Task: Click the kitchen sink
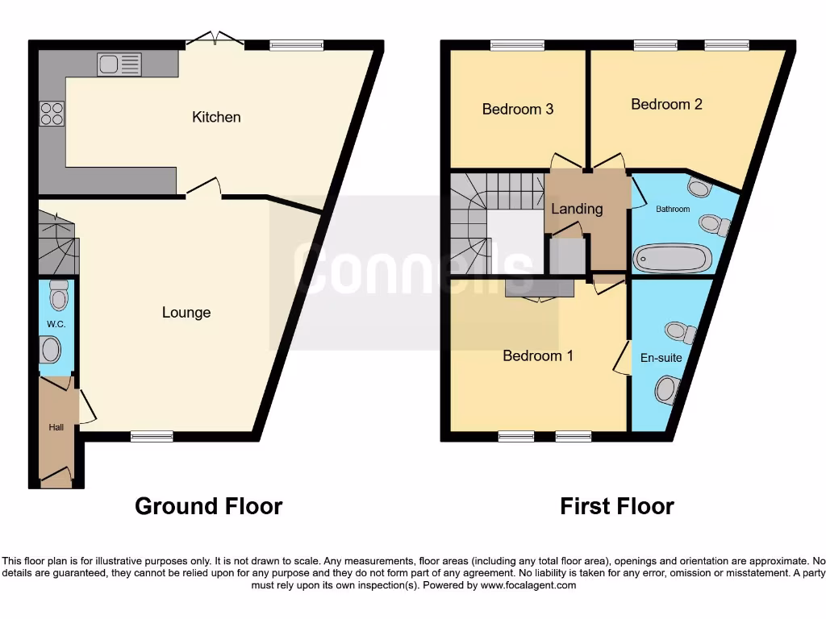119,64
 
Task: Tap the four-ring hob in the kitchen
52,114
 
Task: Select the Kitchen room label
216,117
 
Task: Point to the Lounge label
186,313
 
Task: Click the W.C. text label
56,324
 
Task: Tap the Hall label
56,427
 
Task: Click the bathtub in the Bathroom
672,259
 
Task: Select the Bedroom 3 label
517,109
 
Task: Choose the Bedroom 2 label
666,104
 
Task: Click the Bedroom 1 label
537,355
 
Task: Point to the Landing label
577,209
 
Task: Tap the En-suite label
660,357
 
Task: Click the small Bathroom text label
673,210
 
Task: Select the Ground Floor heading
208,506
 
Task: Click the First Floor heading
617,506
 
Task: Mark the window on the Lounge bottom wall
152,437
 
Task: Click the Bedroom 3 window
517,45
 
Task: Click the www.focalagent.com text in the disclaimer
528,585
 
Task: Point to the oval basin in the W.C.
50,351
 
